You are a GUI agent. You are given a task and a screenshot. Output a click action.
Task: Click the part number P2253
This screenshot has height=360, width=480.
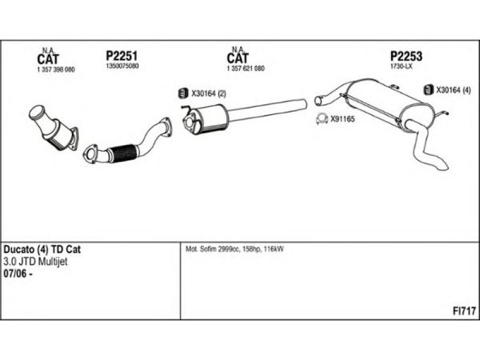[x=406, y=56]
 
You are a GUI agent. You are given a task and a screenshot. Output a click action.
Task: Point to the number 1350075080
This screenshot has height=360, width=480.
[x=121, y=66]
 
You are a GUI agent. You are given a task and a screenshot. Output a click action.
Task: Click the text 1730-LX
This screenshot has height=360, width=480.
[x=401, y=66]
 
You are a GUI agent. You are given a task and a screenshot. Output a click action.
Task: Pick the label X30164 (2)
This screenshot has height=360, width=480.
[x=208, y=94]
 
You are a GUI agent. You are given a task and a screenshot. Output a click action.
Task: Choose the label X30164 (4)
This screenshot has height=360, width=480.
[x=454, y=90]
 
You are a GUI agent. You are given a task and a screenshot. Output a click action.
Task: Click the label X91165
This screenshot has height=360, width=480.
[x=343, y=119]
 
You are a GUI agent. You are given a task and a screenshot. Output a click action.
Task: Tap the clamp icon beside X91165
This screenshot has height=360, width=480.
[x=322, y=119]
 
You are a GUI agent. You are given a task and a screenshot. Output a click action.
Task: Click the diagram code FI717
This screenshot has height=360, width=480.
[x=464, y=310]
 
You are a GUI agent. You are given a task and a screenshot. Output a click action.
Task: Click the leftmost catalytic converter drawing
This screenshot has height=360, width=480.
[x=54, y=127]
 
